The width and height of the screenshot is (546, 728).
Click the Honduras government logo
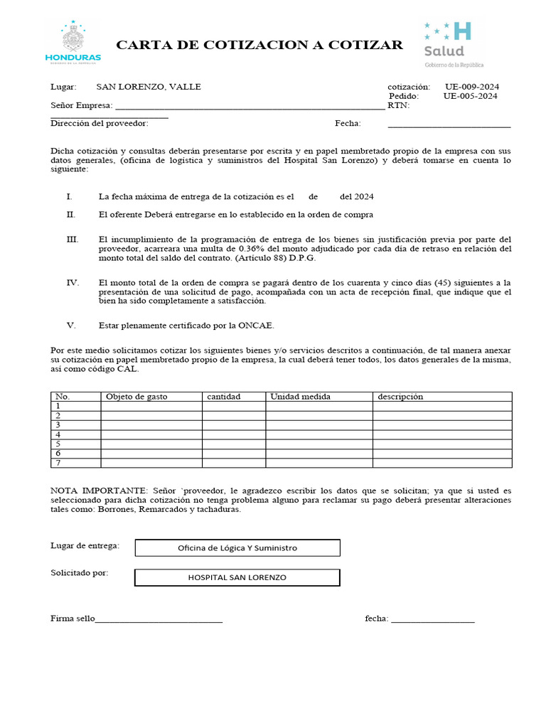click(x=73, y=43)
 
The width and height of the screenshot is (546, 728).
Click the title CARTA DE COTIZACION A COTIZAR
click(x=259, y=45)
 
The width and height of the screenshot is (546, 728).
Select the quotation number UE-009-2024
click(x=472, y=87)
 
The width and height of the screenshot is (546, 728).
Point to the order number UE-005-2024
click(x=470, y=96)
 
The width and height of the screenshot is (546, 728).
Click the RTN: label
click(x=398, y=106)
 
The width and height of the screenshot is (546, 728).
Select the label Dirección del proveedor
click(x=100, y=123)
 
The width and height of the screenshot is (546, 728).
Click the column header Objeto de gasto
click(x=136, y=397)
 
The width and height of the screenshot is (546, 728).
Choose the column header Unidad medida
click(x=300, y=397)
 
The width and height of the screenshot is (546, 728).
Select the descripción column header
click(x=400, y=397)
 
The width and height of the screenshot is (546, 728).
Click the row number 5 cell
click(x=58, y=444)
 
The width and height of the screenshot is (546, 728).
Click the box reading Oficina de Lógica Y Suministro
click(x=237, y=548)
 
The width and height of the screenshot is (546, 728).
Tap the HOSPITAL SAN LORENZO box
click(x=237, y=577)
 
